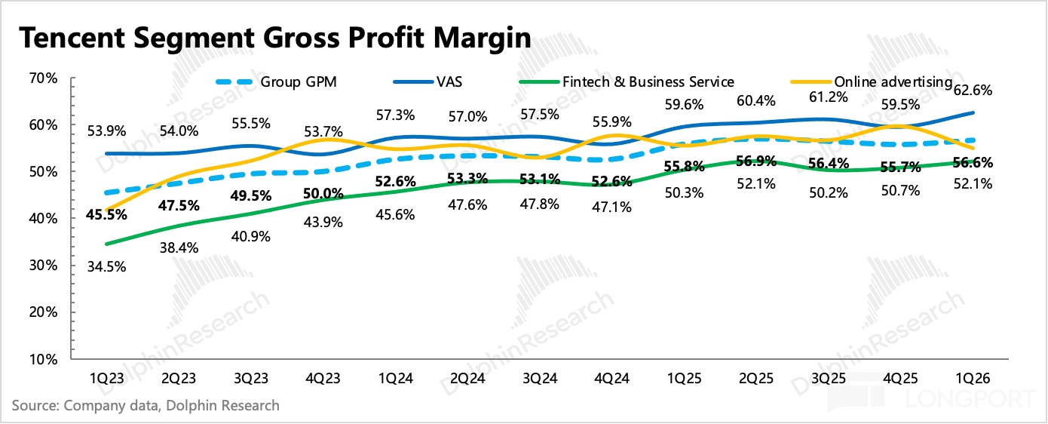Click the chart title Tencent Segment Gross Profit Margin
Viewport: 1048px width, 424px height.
pyautogui.click(x=275, y=38)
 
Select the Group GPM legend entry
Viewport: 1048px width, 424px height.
pyautogui.click(x=276, y=82)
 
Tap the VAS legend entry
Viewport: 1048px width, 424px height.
pyautogui.click(x=427, y=82)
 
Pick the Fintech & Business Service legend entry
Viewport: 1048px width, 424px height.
pyautogui.click(x=627, y=82)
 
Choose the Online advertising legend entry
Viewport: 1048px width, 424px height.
pyautogui.click(x=872, y=82)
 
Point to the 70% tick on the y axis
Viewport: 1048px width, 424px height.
pyautogui.click(x=44, y=78)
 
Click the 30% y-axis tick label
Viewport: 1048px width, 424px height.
pyautogui.click(x=44, y=266)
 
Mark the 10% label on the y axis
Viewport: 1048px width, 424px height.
pyautogui.click(x=44, y=359)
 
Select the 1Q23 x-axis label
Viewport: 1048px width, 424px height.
pyautogui.click(x=106, y=378)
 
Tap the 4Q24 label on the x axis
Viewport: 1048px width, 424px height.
pyautogui.click(x=611, y=378)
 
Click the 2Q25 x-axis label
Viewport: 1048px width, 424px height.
pyautogui.click(x=756, y=378)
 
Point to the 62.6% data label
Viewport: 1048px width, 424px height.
pyautogui.click(x=973, y=90)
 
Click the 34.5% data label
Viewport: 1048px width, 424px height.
pyautogui.click(x=106, y=267)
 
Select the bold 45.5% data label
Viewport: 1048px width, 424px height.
pyautogui.click(x=106, y=214)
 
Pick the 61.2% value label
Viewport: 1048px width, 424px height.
pyautogui.click(x=829, y=97)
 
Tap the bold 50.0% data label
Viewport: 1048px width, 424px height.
pyautogui.click(x=323, y=193)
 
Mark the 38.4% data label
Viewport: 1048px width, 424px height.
pyautogui.click(x=179, y=247)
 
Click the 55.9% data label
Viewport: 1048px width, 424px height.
pyautogui.click(x=612, y=121)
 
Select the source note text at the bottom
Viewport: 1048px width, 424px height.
pyautogui.click(x=146, y=405)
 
